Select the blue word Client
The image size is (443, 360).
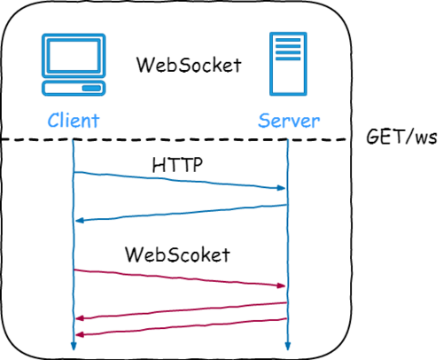[x=74, y=120]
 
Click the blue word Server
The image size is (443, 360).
[x=288, y=120]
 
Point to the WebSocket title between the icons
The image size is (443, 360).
[x=188, y=65]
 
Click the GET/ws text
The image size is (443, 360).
[x=401, y=137]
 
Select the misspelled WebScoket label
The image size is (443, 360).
[x=177, y=254]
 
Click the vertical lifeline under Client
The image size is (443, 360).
[x=73, y=239]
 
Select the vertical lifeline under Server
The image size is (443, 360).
[x=288, y=239]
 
